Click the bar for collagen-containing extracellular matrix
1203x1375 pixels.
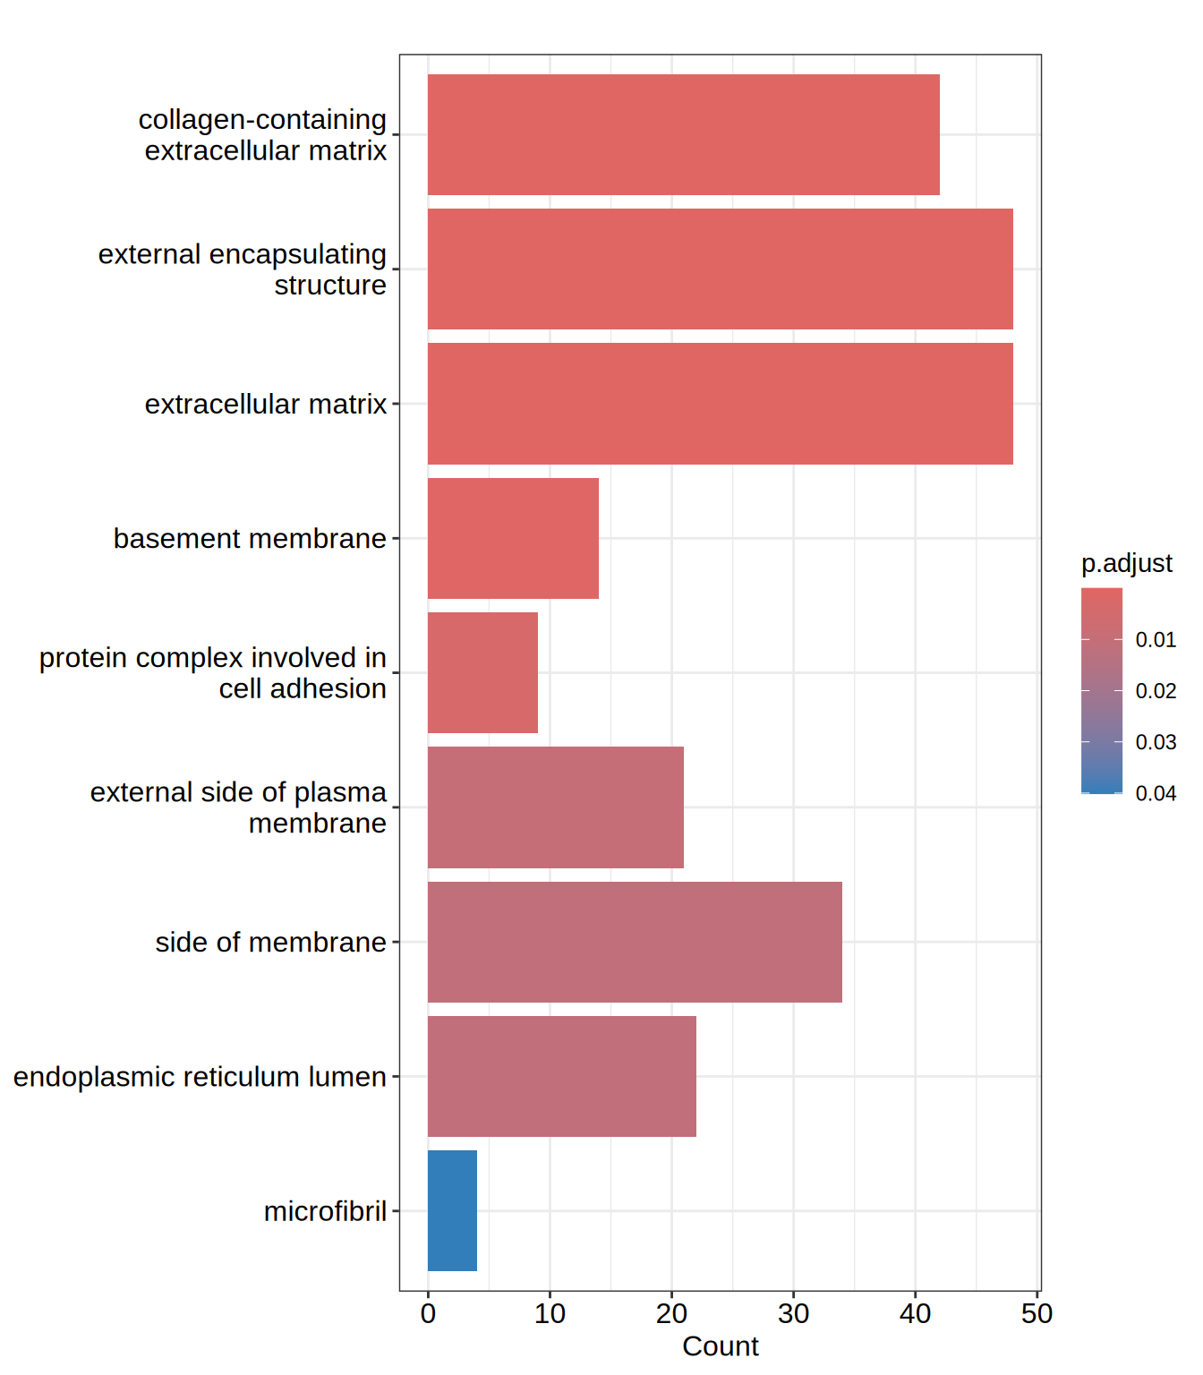tap(683, 134)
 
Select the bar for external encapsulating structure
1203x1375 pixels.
tap(720, 269)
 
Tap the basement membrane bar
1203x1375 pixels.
tap(513, 538)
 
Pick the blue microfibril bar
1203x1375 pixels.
tap(452, 1210)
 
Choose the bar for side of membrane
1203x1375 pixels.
tap(635, 942)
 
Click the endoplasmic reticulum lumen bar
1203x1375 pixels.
tap(561, 1076)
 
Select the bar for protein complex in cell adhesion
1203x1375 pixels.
tap(482, 672)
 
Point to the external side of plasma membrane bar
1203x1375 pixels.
tap(555, 807)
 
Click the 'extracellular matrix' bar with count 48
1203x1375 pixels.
tap(720, 404)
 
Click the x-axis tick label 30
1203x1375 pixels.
tap(793, 1313)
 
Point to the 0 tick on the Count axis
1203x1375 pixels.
tap(428, 1313)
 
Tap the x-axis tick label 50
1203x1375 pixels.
tap(1037, 1313)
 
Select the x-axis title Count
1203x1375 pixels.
tap(720, 1346)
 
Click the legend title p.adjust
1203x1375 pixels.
tap(1126, 563)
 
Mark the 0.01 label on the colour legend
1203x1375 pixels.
tap(1156, 640)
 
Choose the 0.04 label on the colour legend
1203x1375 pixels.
tap(1156, 793)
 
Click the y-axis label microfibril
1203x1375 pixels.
tap(325, 1211)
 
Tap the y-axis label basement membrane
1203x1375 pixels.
tap(250, 539)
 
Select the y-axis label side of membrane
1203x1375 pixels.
tap(270, 942)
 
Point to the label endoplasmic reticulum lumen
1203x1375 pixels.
tap(200, 1076)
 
